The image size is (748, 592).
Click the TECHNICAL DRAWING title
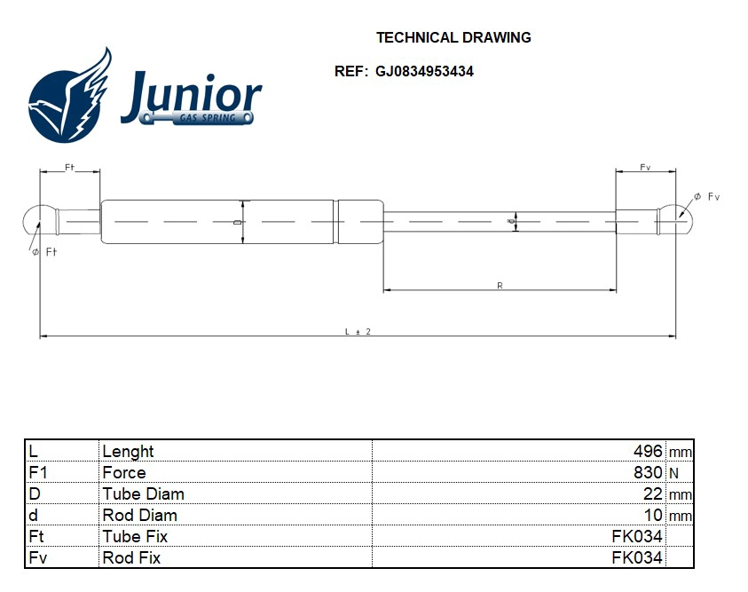453,37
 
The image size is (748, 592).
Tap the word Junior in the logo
191,94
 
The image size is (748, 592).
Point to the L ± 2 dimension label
357,331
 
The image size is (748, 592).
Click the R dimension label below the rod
500,285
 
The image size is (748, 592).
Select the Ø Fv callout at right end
706,196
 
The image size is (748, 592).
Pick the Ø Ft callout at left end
44,253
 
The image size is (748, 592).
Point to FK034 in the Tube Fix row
636,537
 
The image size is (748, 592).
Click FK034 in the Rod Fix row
636,558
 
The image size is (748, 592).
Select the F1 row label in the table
37,473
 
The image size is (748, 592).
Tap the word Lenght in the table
128,452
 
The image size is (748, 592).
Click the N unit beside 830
673,474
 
